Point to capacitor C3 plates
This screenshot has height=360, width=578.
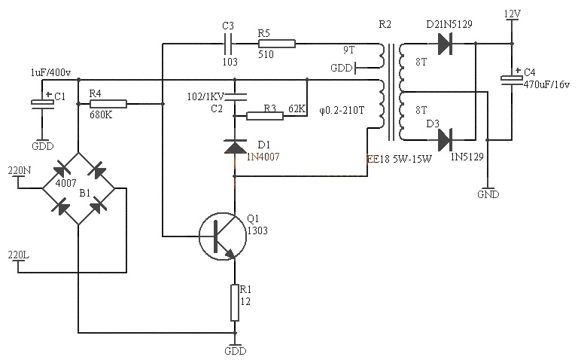[x=229, y=45]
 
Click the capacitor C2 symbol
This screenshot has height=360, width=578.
[x=236, y=96]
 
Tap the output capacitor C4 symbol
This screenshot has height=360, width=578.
[x=512, y=80]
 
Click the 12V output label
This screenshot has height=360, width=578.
[x=512, y=14]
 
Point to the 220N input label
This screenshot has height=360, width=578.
[x=18, y=170]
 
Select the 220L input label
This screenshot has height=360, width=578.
[x=18, y=254]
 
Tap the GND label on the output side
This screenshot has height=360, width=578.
[x=488, y=194]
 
